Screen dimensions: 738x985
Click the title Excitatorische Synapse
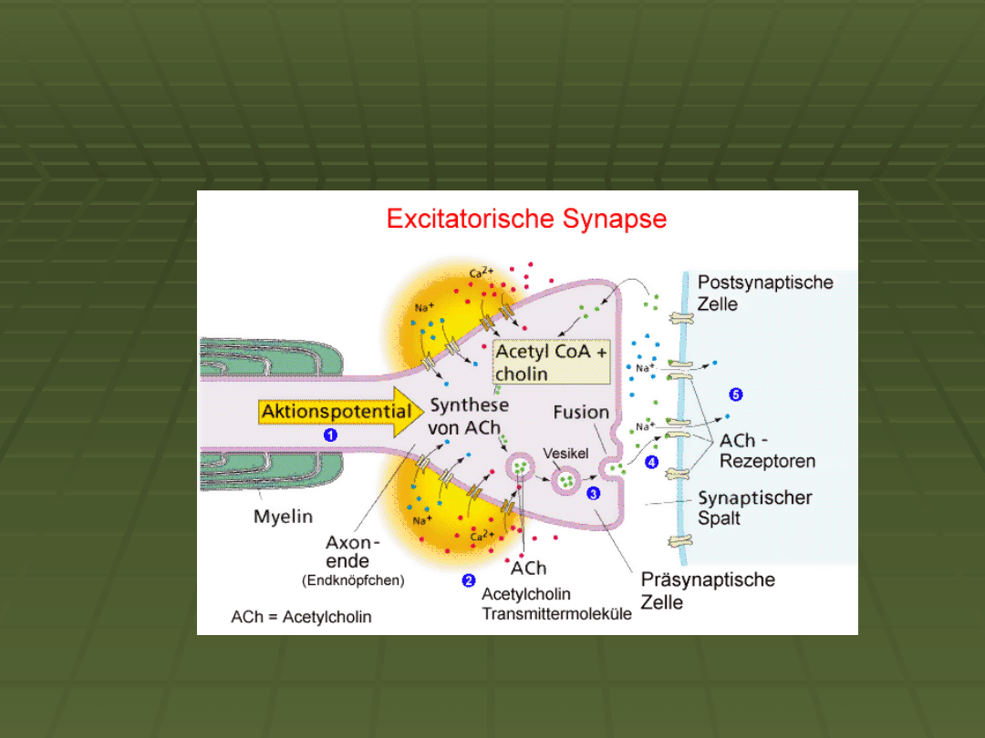click(526, 220)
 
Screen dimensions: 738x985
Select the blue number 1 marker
click(331, 436)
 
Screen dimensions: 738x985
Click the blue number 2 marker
click(469, 580)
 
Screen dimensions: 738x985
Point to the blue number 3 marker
click(594, 493)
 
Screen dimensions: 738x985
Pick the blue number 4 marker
click(651, 462)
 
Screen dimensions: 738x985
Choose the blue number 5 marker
click(736, 395)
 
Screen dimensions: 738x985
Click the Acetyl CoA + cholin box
click(551, 363)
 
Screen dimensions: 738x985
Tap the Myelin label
click(283, 517)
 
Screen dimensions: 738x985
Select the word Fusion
click(581, 412)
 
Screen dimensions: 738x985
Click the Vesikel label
click(566, 453)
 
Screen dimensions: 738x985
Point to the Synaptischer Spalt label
click(754, 508)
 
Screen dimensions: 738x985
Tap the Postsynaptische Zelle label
click(765, 292)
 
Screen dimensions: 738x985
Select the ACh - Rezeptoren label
click(767, 451)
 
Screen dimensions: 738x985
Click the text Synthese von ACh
click(469, 415)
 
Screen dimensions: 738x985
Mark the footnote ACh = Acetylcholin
click(301, 617)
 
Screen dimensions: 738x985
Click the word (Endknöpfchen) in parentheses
click(353, 579)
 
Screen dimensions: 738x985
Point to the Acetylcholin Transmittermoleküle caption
click(556, 604)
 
